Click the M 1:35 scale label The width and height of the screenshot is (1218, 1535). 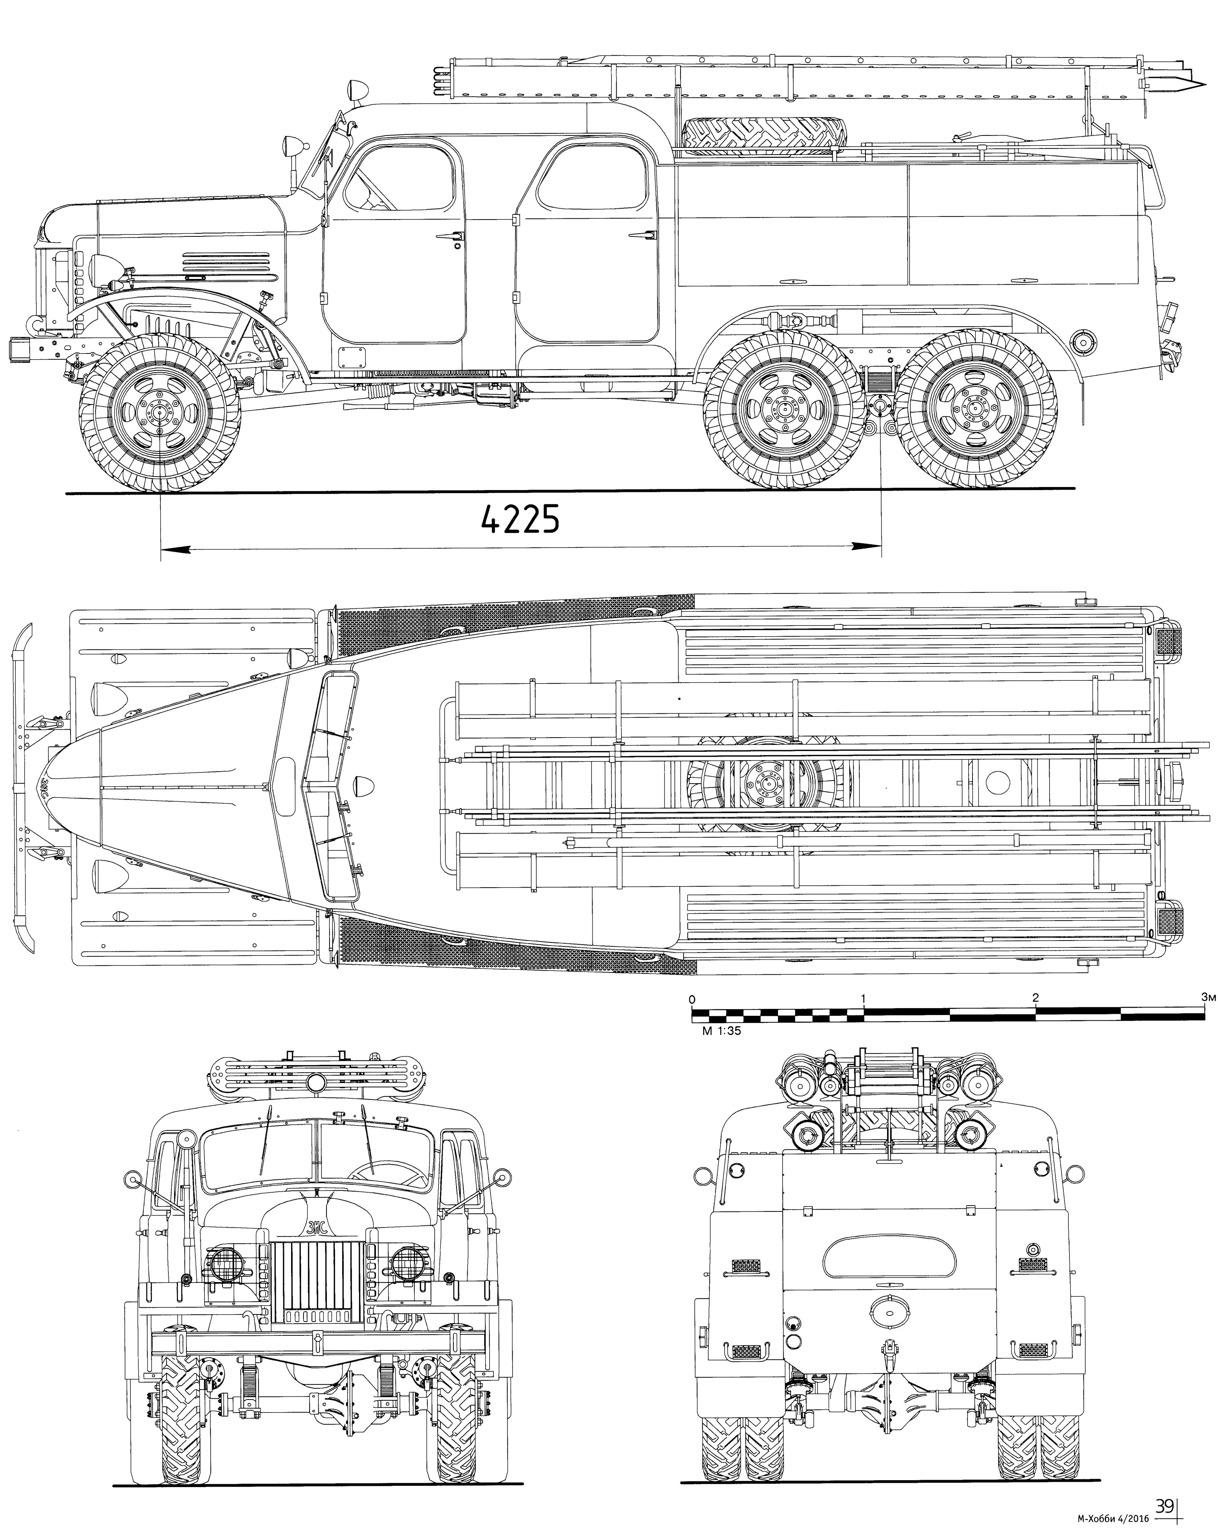tap(716, 1031)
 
